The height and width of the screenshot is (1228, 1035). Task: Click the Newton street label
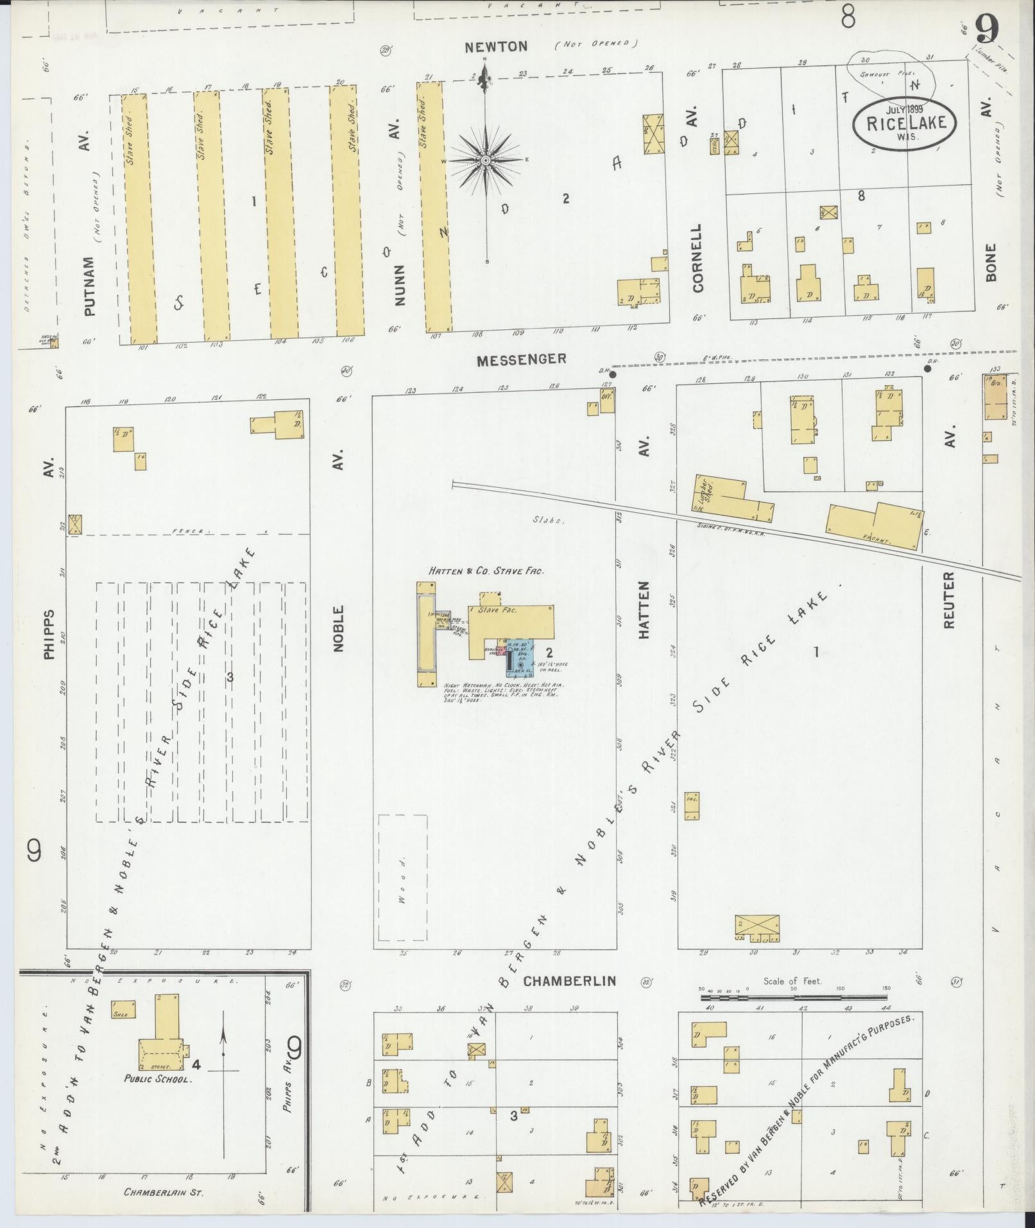tap(496, 46)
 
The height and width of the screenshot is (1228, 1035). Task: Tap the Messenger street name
tap(521, 359)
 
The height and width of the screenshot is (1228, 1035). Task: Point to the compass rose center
tap(486, 160)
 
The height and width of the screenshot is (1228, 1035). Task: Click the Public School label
tap(157, 1079)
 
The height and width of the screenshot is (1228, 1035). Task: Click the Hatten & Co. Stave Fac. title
tap(486, 570)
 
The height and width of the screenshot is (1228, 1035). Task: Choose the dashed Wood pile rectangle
tap(402, 878)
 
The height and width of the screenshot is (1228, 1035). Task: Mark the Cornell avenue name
tap(698, 258)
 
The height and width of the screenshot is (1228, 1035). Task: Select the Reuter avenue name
tap(950, 600)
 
